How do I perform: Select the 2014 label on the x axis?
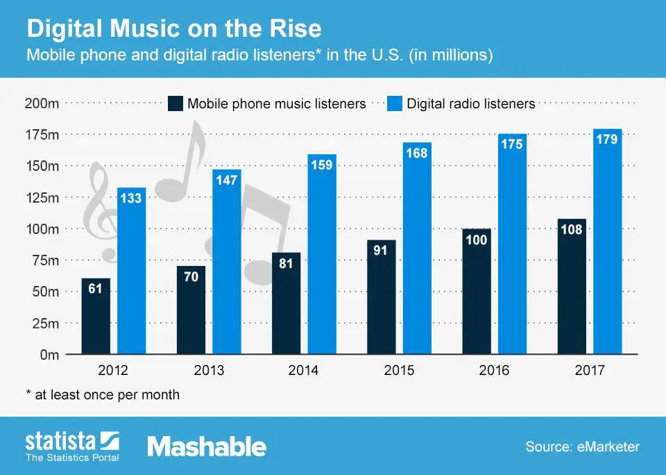303,371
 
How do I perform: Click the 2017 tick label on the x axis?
589,371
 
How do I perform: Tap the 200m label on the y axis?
42,103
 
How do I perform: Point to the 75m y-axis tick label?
44,260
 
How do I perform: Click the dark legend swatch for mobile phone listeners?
176,104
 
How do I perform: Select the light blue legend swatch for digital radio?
393,104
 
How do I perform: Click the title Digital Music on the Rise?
173,29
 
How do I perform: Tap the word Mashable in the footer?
207,447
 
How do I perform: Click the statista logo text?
62,442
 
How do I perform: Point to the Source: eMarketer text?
582,447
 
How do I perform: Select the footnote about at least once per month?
103,394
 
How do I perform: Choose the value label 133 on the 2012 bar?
131,199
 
